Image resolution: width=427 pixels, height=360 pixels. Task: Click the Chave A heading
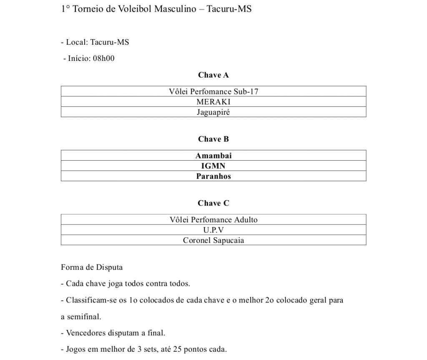coord(213,75)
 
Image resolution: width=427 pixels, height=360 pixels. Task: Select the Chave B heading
coord(213,139)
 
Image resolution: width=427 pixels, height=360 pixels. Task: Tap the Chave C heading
coord(213,203)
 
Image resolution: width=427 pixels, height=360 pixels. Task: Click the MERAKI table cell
coord(213,102)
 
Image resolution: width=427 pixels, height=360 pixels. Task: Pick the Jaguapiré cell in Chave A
coord(213,112)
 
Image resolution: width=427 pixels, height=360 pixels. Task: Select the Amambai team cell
coord(213,156)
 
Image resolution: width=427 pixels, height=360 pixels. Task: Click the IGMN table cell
coord(213,166)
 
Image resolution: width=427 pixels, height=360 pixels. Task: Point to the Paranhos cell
coord(213,176)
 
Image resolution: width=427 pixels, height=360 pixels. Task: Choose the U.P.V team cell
coord(213,230)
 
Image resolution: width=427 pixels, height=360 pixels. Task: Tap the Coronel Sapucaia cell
coord(213,240)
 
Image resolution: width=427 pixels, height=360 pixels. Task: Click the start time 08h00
coord(103,58)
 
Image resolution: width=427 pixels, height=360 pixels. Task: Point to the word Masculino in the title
coord(175,9)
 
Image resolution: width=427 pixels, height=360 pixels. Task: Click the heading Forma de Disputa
coord(92,267)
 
